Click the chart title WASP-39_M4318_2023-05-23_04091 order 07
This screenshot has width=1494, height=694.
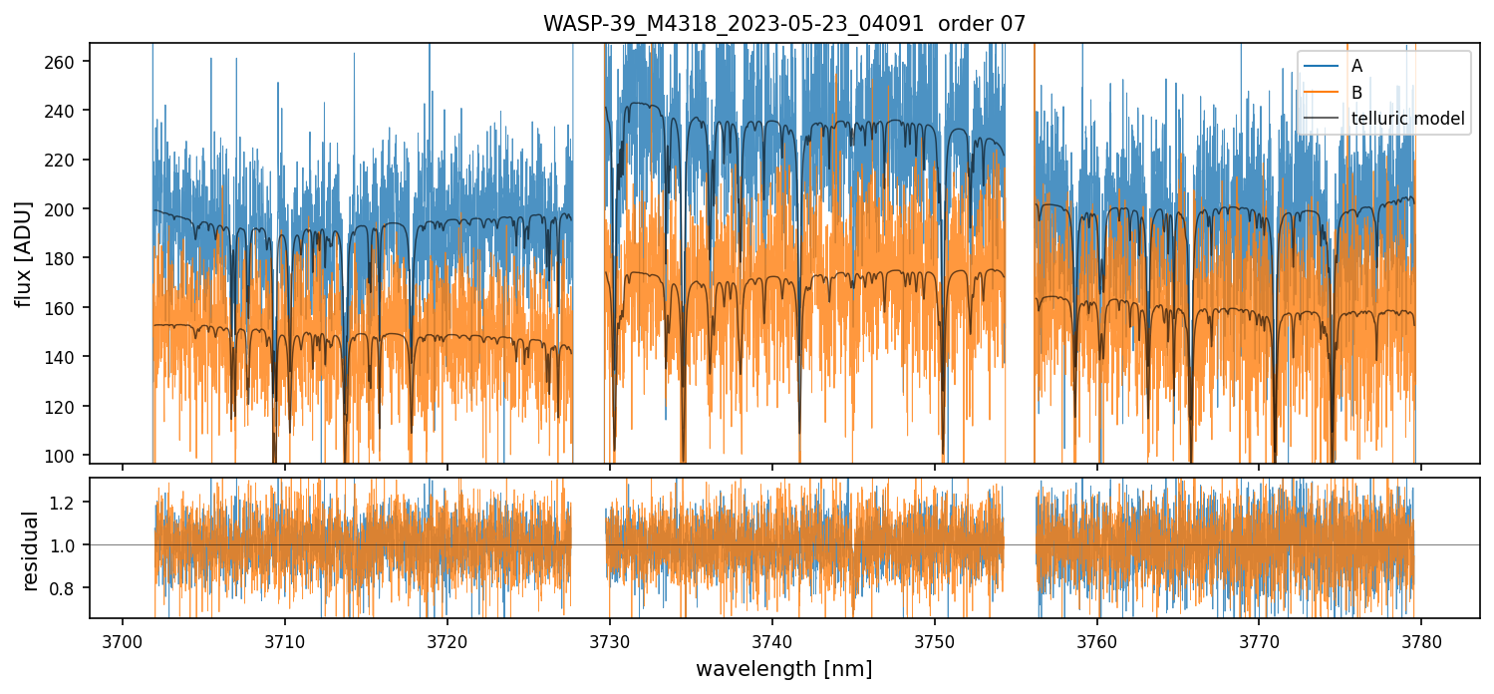(783, 24)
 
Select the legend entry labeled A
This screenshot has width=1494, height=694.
(1356, 66)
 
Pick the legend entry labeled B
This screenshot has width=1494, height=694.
(1356, 93)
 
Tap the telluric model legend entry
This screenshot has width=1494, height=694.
(1407, 119)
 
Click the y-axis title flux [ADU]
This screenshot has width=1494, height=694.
(23, 253)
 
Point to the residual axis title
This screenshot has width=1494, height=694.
(31, 549)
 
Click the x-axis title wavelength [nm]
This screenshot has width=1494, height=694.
(783, 668)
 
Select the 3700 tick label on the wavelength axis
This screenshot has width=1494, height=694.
(123, 638)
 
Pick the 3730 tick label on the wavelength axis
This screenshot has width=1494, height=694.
(610, 638)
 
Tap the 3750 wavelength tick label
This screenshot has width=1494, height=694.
(935, 638)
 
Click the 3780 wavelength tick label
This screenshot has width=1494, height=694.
(1421, 638)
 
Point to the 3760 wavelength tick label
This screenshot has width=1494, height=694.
(1097, 638)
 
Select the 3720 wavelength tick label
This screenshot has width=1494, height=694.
(448, 638)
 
